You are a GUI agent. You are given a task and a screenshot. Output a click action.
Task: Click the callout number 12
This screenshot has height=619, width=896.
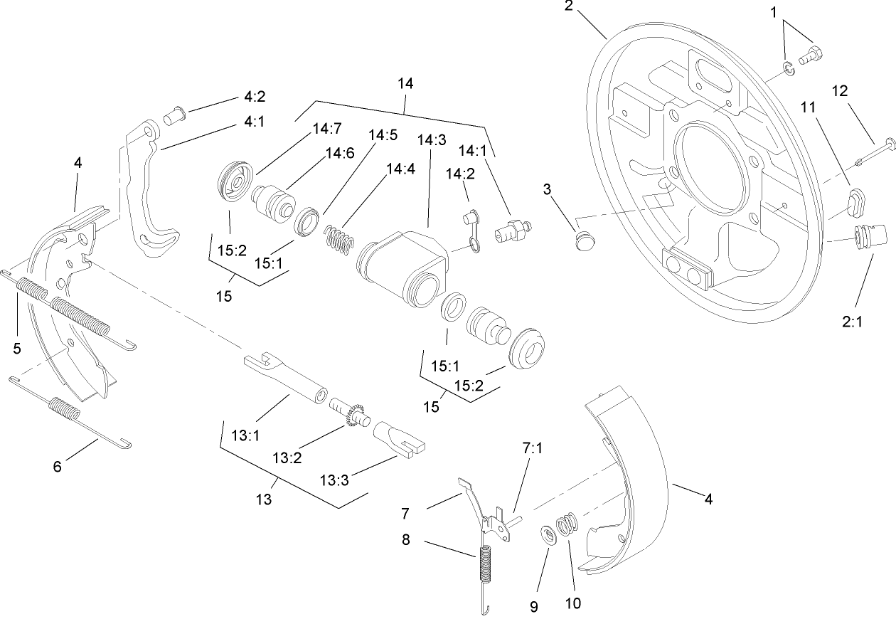(840, 91)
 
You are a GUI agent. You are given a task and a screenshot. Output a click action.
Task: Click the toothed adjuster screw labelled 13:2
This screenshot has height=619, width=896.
(353, 414)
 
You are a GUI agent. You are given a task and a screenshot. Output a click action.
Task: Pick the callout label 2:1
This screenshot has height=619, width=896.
(853, 322)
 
